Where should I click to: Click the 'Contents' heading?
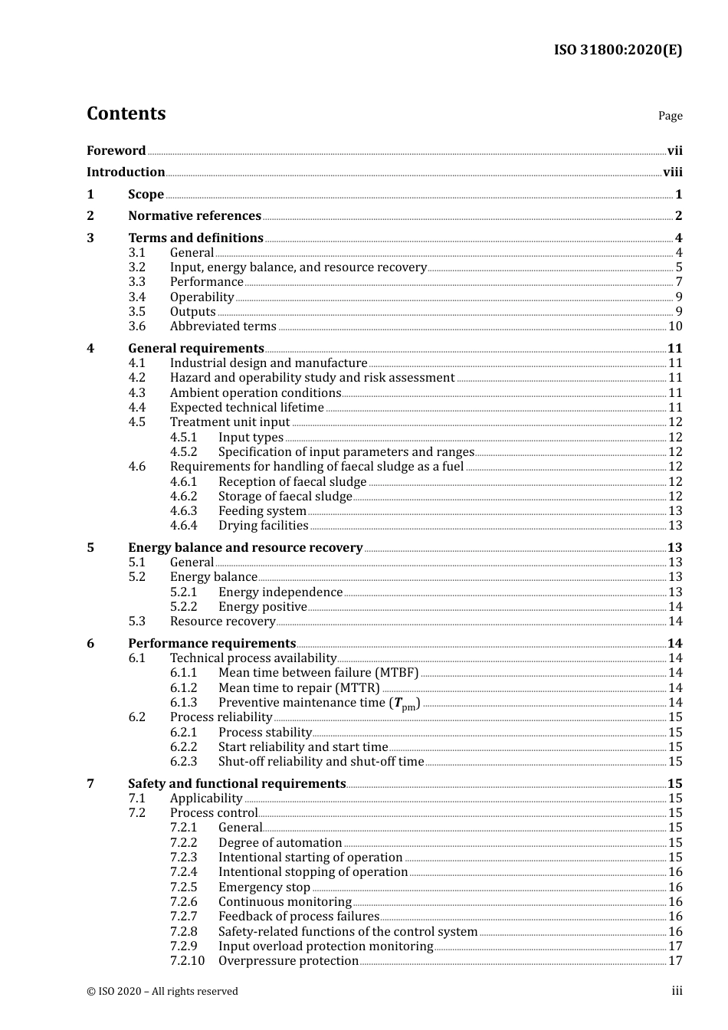[126, 113]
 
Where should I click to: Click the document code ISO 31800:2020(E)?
[618, 50]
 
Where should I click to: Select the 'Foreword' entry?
[116, 150]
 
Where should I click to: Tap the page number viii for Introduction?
[672, 172]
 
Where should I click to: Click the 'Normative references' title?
[195, 216]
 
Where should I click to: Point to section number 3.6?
[137, 326]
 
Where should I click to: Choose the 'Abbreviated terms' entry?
[223, 326]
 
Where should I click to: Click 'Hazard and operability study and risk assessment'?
[312, 378]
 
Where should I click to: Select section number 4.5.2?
[183, 452]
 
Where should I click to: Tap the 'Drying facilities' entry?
[263, 526]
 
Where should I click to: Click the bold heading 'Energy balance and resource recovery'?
[245, 547]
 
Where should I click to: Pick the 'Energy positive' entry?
[262, 607]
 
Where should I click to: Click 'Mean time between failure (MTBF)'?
[318, 673]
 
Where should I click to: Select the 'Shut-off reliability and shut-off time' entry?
[320, 762]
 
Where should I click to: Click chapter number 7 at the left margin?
[90, 783]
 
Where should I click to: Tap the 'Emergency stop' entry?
[264, 887]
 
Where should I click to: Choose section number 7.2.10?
[187, 961]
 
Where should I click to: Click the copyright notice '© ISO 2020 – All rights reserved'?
[162, 991]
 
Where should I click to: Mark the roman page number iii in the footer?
[677, 991]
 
